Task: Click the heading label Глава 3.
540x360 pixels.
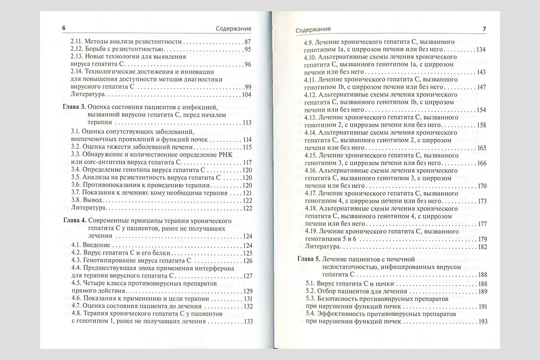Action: point(72,107)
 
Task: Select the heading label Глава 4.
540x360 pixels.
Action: point(72,221)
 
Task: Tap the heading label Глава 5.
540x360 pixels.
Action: point(311,259)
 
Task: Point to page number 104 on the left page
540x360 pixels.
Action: point(246,95)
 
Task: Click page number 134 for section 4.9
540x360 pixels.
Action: point(481,49)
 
